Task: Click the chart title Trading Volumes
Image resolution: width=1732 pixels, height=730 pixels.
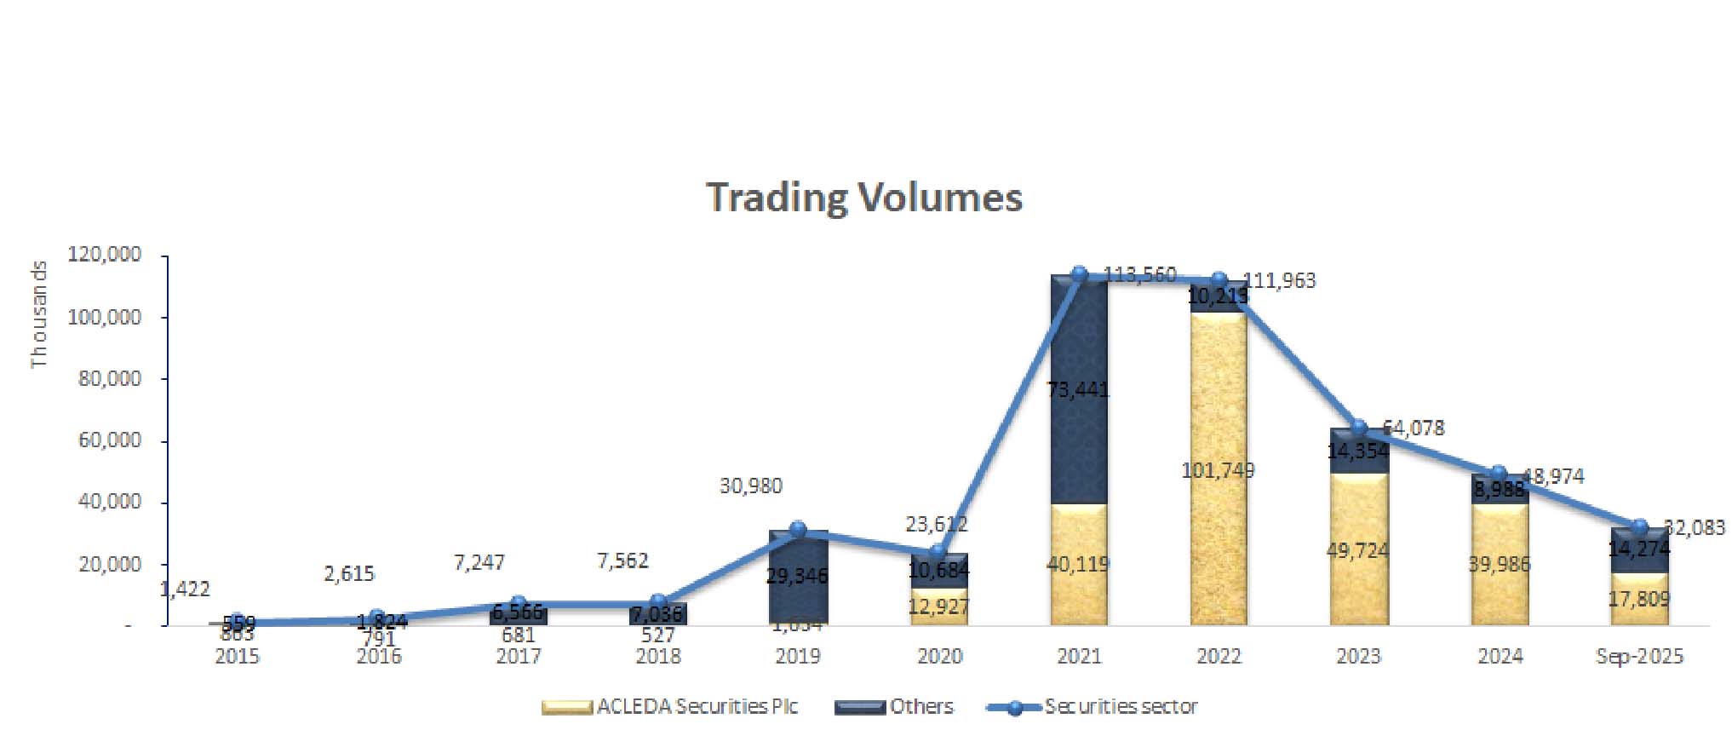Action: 864,198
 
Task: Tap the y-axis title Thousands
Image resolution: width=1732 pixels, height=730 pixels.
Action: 39,314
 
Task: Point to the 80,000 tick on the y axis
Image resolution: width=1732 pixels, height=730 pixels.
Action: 110,379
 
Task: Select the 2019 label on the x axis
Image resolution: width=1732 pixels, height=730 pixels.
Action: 798,657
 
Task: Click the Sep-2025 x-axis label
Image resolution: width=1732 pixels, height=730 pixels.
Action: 1639,657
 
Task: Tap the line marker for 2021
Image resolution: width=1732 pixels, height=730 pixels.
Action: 1079,274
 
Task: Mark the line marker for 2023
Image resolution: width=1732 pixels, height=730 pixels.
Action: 1359,428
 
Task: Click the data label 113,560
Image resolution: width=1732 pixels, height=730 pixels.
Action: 1139,274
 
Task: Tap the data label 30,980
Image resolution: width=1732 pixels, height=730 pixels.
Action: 750,486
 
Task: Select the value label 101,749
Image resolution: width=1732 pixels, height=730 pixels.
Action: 1218,470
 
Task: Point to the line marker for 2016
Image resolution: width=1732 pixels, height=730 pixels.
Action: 377,617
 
